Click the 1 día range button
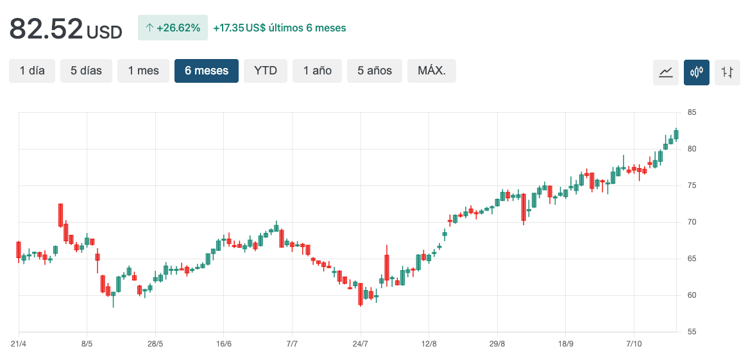pyautogui.click(x=32, y=71)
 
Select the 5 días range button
pyautogui.click(x=86, y=71)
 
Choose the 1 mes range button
pyautogui.click(x=143, y=71)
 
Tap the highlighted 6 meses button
pyautogui.click(x=207, y=71)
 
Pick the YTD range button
pyautogui.click(x=266, y=71)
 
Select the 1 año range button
pyautogui.click(x=318, y=71)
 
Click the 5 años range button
pyautogui.click(x=374, y=71)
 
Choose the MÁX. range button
pyautogui.click(x=431, y=71)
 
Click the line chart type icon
pyautogui.click(x=666, y=72)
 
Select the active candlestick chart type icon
pyautogui.click(x=697, y=72)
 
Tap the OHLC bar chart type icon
pyautogui.click(x=727, y=72)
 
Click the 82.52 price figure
pyautogui.click(x=46, y=29)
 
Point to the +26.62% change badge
pyautogui.click(x=173, y=28)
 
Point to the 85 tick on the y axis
pyautogui.click(x=692, y=112)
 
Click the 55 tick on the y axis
pyautogui.click(x=692, y=332)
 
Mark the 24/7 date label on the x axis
pyautogui.click(x=361, y=344)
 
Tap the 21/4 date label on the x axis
pyautogui.click(x=19, y=344)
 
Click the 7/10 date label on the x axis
pyautogui.click(x=634, y=344)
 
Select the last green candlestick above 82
pyautogui.click(x=676, y=134)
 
